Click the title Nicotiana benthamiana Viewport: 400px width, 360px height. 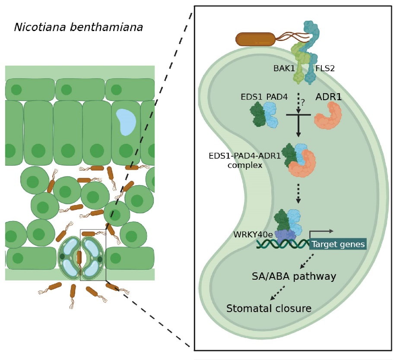pyautogui.click(x=78, y=28)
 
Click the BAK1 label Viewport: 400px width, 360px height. pyautogui.click(x=284, y=68)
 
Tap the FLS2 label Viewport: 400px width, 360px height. pyautogui.click(x=325, y=68)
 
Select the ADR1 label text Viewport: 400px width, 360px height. pyautogui.click(x=328, y=97)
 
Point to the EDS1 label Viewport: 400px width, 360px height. pyautogui.click(x=251, y=97)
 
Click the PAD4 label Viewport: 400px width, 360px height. pyautogui.click(x=277, y=97)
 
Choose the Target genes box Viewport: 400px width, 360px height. pyautogui.click(x=338, y=244)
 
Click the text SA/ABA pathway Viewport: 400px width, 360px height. pyautogui.click(x=294, y=276)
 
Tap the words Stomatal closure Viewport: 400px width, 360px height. pyautogui.click(x=269, y=309)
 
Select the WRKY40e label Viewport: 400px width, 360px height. pyautogui.click(x=253, y=235)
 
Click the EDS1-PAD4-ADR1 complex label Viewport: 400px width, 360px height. pyautogui.click(x=244, y=160)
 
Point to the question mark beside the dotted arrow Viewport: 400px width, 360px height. pyautogui.click(x=303, y=103)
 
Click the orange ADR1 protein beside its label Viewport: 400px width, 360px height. pyautogui.click(x=328, y=116)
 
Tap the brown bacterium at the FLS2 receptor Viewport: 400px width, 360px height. pyautogui.click(x=255, y=39)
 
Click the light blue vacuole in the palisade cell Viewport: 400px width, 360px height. pyautogui.click(x=126, y=121)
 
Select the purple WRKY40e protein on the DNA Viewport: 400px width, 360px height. pyautogui.click(x=285, y=237)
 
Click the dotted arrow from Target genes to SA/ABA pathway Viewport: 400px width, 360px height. pyautogui.click(x=307, y=261)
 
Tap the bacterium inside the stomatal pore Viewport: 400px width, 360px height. pyautogui.click(x=79, y=258)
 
